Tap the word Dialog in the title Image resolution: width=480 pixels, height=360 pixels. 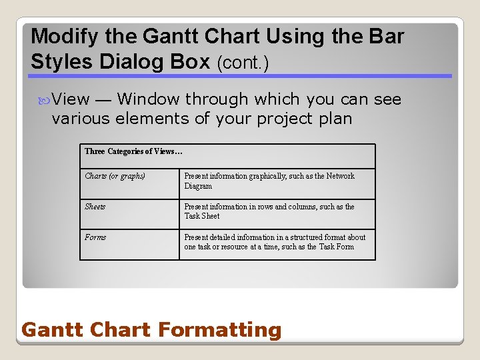(x=137, y=61)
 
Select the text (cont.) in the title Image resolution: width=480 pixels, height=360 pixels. (x=243, y=63)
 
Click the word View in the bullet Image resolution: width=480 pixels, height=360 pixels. (x=71, y=100)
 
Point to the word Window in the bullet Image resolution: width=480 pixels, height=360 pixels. (x=148, y=100)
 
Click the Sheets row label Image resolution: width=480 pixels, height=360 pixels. (x=95, y=207)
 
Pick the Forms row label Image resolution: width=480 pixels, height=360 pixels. (x=95, y=237)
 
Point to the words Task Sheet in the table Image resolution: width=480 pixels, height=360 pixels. (x=202, y=216)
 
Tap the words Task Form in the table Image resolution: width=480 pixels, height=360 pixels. (x=336, y=247)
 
